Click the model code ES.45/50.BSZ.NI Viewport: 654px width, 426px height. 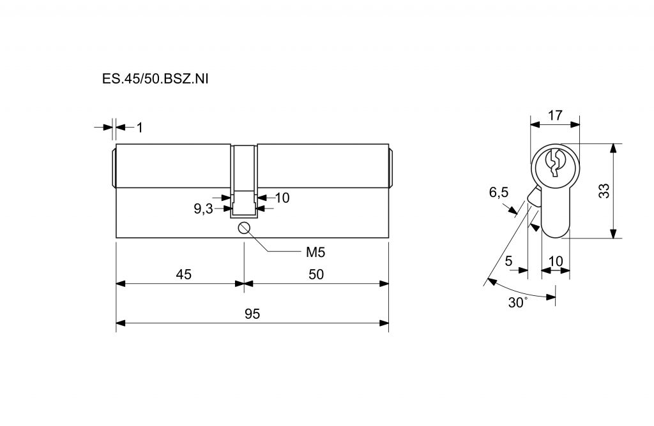coord(155,78)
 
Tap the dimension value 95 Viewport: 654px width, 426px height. coord(252,314)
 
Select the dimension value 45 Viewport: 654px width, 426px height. coord(183,274)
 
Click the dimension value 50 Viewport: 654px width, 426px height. coord(316,274)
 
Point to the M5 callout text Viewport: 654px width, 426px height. coord(316,252)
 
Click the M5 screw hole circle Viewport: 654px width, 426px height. coord(243,228)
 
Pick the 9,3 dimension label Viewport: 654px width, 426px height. coord(203,209)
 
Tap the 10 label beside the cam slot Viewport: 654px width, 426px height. coord(282,198)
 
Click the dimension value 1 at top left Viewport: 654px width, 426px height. coord(140,128)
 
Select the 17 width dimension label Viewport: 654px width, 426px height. coord(555,115)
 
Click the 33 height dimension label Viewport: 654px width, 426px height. coord(604,191)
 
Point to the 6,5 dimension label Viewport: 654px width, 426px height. coord(499,193)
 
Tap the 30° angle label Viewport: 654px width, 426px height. coord(517,302)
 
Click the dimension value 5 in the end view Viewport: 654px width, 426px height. coord(508,261)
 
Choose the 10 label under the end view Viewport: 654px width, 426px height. coord(556,261)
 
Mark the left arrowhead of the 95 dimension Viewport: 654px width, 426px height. coord(121,323)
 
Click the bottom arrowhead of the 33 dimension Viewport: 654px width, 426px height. coord(613,233)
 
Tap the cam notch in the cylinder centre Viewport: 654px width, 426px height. coord(244,204)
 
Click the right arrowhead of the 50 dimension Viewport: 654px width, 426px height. coord(384,284)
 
